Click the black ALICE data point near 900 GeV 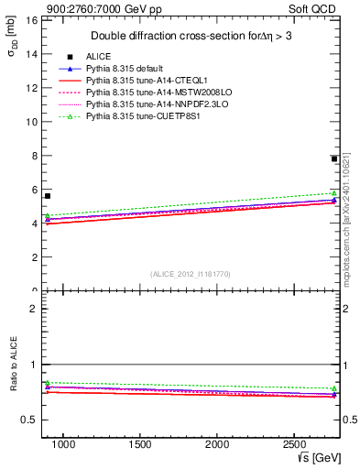[x=48, y=195]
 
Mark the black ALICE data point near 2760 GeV [x=334, y=158]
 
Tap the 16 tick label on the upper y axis [x=30, y=20]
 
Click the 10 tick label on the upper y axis [x=30, y=122]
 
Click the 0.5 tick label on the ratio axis [x=28, y=420]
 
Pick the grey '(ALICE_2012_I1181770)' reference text [x=191, y=274]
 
